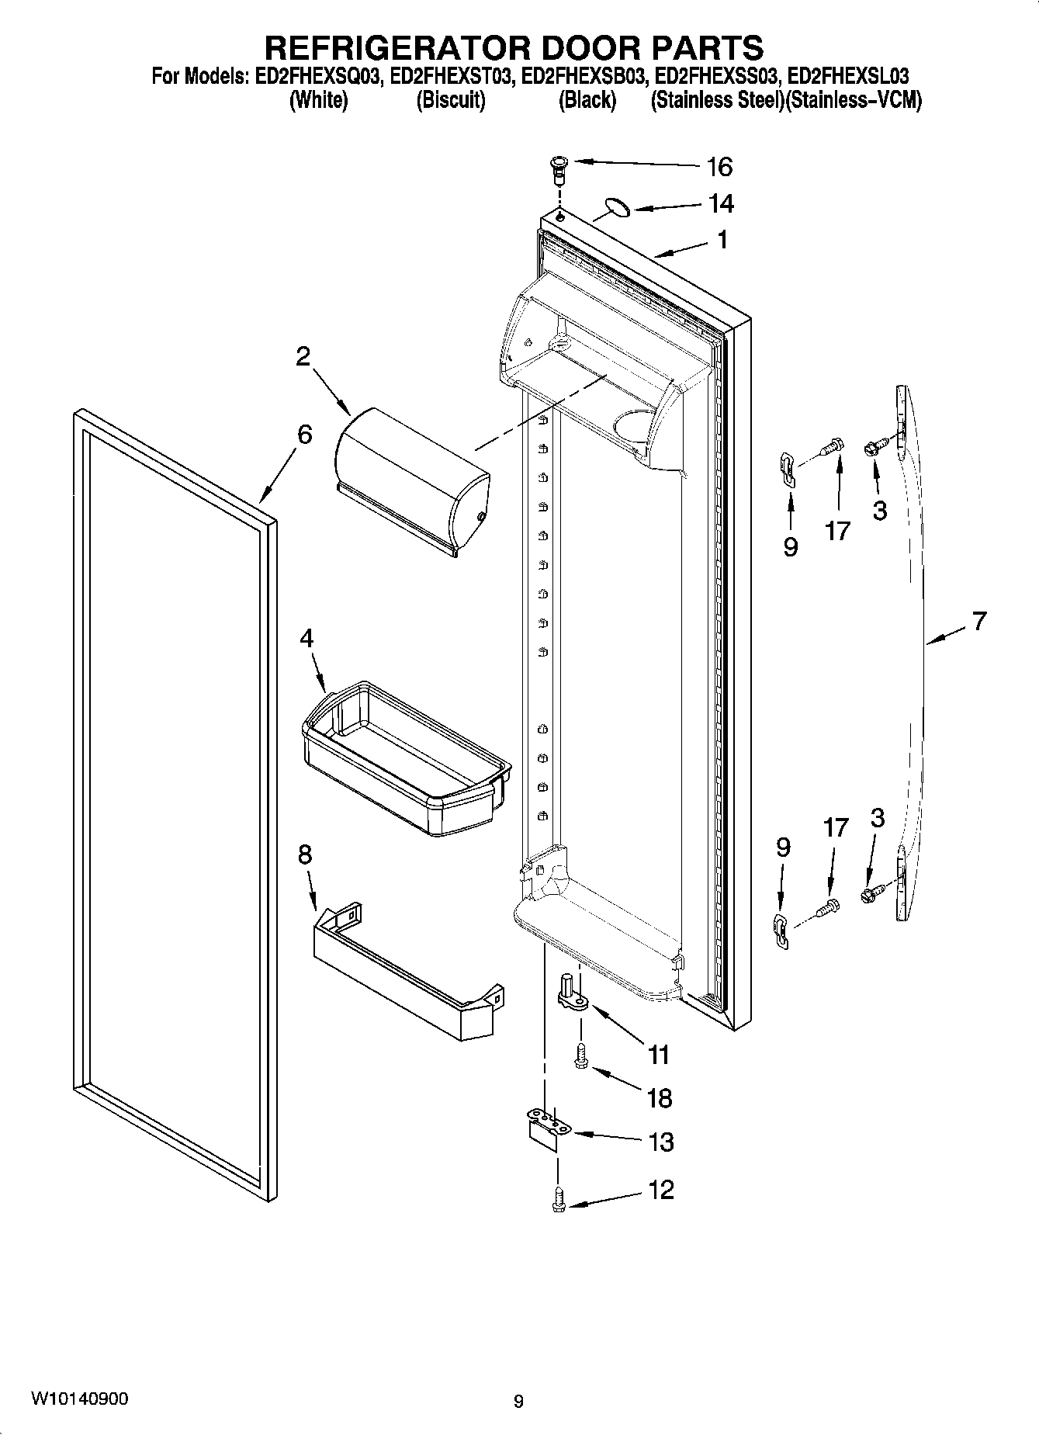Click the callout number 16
(719, 166)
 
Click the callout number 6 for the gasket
(304, 435)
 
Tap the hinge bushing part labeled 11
(573, 996)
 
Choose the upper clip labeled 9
(787, 470)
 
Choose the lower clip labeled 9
(781, 929)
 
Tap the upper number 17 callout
(837, 531)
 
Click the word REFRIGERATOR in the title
(399, 48)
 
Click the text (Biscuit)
(451, 100)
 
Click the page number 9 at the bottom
(518, 1401)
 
